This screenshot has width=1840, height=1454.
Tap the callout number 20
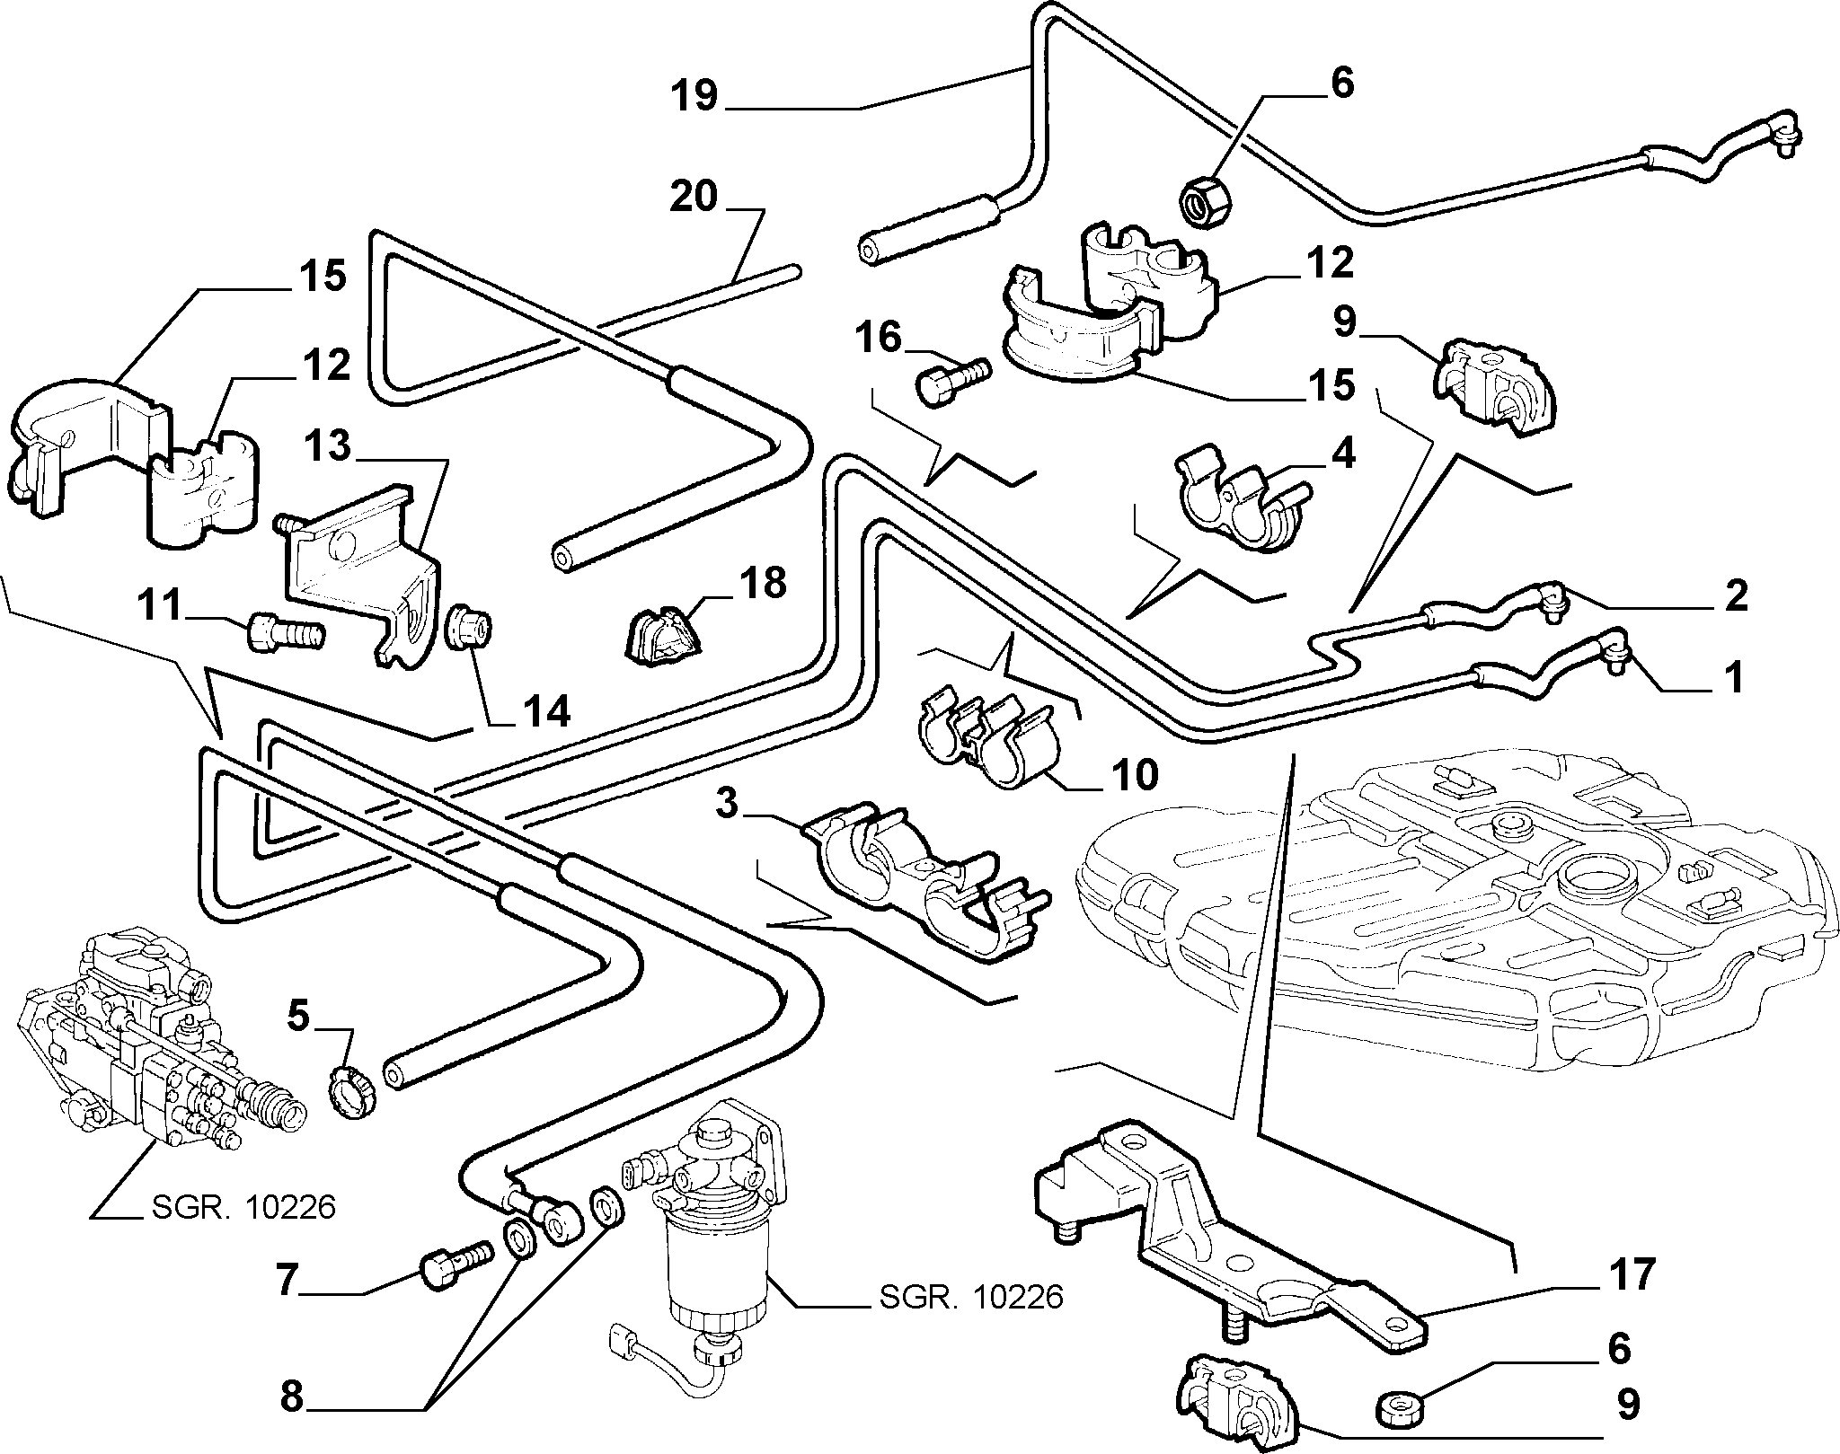click(694, 197)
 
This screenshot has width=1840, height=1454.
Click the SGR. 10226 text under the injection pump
click(243, 1207)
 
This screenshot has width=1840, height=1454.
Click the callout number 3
click(728, 804)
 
